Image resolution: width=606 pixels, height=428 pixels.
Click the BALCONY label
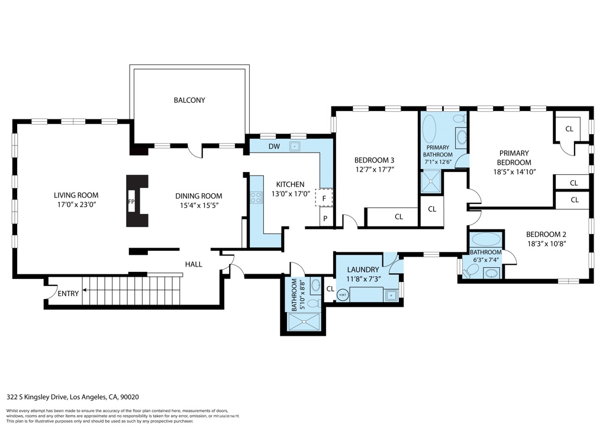[x=189, y=100]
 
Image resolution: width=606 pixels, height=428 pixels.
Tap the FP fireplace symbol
[x=130, y=202]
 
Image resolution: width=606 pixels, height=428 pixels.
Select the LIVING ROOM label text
[x=76, y=195]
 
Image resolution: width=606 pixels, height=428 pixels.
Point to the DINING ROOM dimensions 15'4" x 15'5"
[x=198, y=205]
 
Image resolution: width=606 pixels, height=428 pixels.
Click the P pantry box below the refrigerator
[x=324, y=219]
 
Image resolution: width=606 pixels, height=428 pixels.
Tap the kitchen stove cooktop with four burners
[x=256, y=198]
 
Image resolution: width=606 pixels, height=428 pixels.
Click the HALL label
[x=194, y=264]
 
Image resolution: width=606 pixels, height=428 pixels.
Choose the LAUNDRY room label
[x=363, y=270]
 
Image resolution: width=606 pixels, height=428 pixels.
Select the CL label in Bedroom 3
[x=399, y=217]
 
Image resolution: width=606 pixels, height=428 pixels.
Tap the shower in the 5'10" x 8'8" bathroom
[x=305, y=322]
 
